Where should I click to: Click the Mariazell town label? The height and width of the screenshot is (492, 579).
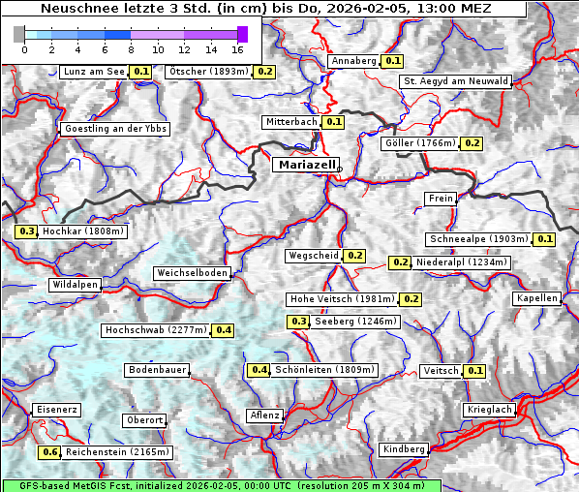click(x=306, y=165)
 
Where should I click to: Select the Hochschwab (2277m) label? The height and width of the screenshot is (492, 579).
click(x=156, y=330)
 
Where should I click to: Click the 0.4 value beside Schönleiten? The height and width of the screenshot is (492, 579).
click(x=259, y=370)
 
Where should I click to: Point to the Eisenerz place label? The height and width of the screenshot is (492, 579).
click(x=56, y=410)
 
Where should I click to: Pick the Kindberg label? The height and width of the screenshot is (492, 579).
click(x=404, y=449)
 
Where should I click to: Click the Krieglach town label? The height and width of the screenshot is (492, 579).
click(x=488, y=410)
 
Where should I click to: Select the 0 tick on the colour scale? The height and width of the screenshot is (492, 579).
click(x=23, y=48)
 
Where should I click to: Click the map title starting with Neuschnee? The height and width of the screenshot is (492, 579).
click(x=265, y=9)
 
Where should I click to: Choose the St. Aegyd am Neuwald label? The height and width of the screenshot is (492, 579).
click(x=455, y=81)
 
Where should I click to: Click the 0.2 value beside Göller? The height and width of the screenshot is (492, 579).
click(x=471, y=143)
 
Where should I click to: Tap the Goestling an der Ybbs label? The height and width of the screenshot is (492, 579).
click(x=115, y=129)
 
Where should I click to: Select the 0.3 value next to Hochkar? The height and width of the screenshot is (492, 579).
click(x=26, y=231)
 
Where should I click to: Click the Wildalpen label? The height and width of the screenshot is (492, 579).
click(x=75, y=285)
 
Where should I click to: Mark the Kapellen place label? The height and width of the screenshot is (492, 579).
click(x=537, y=298)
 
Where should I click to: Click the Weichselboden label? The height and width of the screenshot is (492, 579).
click(x=193, y=274)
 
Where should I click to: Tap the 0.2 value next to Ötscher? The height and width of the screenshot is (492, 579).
click(x=264, y=72)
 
